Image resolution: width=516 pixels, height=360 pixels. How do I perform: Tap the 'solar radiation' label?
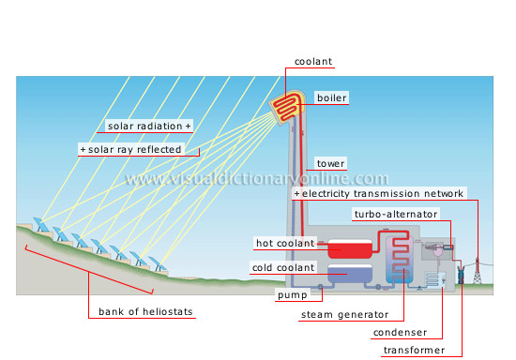(147, 126)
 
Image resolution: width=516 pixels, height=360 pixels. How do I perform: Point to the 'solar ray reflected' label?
(140, 149)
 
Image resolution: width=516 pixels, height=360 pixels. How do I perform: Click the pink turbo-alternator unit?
(437, 250)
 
